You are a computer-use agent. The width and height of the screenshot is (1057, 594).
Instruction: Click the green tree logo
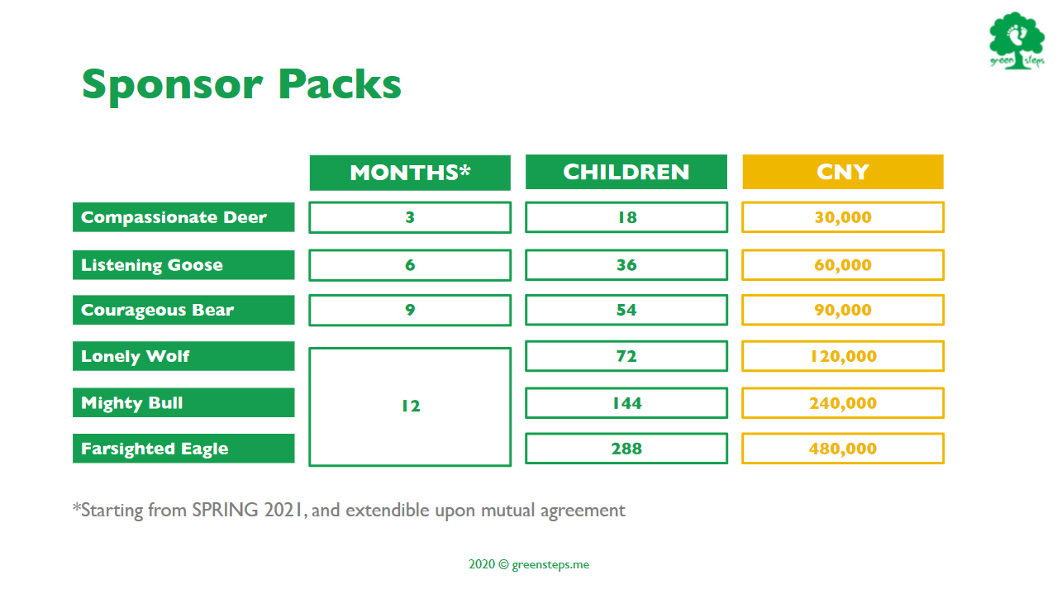pos(1017,40)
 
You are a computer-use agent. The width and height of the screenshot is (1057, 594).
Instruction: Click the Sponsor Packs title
pos(241,85)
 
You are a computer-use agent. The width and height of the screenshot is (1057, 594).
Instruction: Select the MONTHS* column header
pos(410,173)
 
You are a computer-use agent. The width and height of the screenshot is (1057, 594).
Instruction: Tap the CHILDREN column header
pos(626,172)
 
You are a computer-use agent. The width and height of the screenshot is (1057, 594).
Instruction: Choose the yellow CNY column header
pos(843,172)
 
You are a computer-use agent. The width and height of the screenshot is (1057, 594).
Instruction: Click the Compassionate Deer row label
pos(183,217)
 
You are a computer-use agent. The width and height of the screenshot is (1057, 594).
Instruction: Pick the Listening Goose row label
pos(183,264)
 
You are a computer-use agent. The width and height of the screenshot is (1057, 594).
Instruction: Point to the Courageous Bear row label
pos(183,310)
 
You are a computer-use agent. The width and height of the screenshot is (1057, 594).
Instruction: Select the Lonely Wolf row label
pos(183,356)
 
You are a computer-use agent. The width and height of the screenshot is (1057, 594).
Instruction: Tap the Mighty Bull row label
pos(183,402)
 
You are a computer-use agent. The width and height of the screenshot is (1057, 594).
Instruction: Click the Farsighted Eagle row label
pos(183,449)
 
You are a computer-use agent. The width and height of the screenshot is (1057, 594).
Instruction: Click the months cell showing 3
pos(410,217)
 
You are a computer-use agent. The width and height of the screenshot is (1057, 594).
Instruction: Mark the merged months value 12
pos(411,406)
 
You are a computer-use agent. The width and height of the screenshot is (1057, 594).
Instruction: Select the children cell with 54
pos(626,310)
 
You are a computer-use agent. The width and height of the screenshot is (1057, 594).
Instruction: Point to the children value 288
pos(626,449)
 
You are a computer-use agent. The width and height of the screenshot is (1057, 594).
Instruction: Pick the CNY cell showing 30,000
pos(843,217)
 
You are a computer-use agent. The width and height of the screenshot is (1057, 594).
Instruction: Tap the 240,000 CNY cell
pos(843,403)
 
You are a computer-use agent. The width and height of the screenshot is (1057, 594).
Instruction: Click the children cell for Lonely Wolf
pos(626,356)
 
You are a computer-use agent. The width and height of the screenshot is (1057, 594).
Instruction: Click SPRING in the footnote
pos(225,510)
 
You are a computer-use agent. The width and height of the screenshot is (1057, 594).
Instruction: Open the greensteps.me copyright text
pos(529,565)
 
